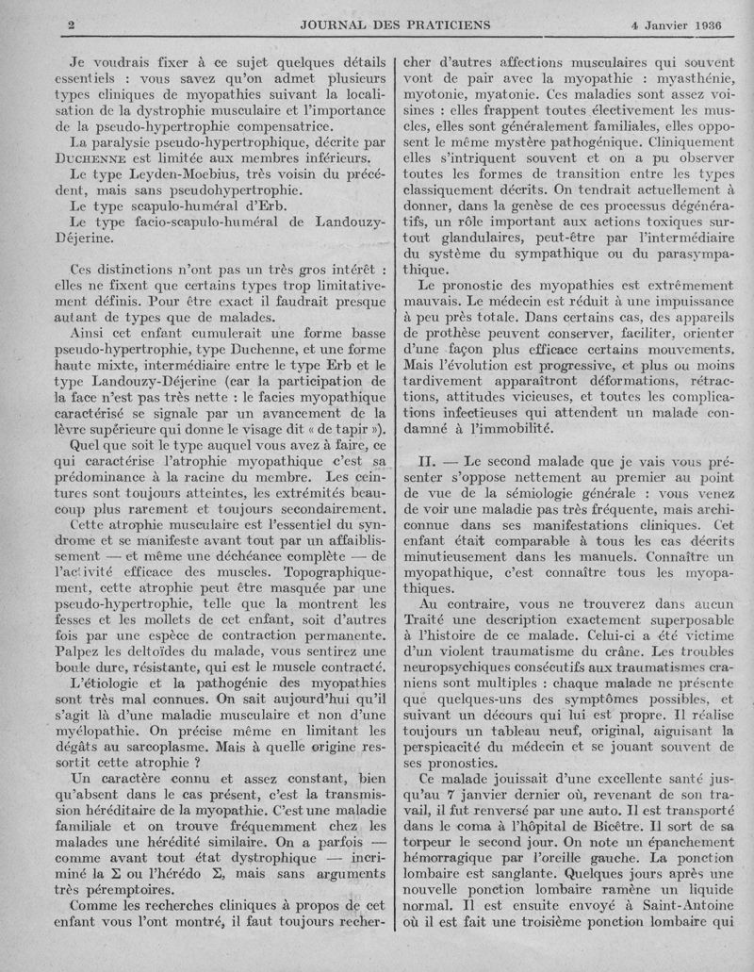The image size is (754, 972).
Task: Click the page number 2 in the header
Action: pos(72,24)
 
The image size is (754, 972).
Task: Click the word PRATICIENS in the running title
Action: pos(441,24)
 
